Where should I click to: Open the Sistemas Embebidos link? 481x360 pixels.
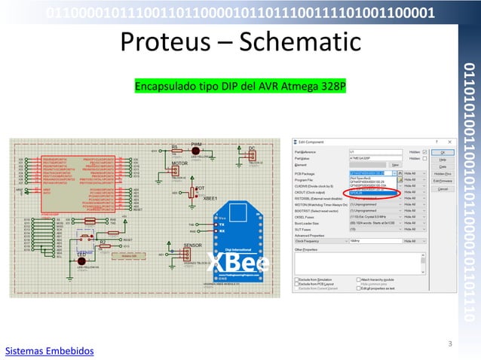(50, 351)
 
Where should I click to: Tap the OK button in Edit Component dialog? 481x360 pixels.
(443, 151)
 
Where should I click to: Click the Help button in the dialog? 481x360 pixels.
(443, 159)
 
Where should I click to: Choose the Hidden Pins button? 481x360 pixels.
(443, 173)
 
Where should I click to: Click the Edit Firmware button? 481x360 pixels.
(443, 182)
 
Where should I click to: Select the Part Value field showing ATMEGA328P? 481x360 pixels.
(375, 158)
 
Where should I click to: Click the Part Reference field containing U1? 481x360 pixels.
(375, 151)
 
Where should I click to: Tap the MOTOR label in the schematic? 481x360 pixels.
(179, 163)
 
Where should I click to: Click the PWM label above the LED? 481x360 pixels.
(196, 143)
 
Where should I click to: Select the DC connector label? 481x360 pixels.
(252, 148)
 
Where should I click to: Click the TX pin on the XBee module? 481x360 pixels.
(221, 224)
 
